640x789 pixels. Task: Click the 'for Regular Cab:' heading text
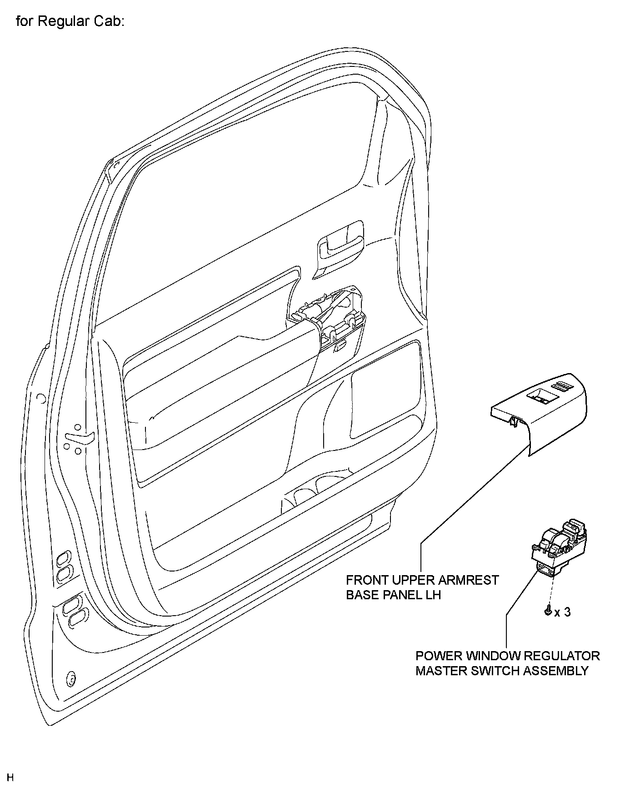[70, 21]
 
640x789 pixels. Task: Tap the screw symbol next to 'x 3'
[548, 612]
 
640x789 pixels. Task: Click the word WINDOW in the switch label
[494, 656]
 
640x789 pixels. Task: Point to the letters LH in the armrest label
[433, 595]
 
